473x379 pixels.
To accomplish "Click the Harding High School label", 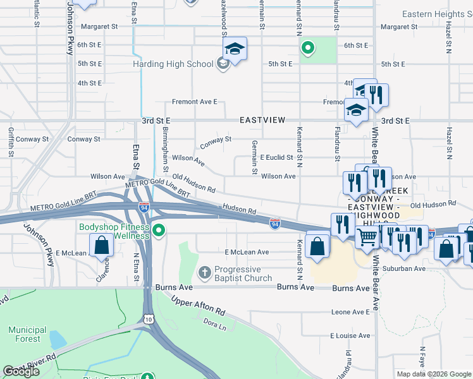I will pyautogui.click(x=173, y=64).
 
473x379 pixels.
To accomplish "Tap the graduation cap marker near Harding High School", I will pyautogui.click(x=235, y=49).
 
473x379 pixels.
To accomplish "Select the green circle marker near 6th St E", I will pyautogui.click(x=307, y=47).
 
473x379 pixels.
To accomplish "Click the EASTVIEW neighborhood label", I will pyautogui.click(x=262, y=120).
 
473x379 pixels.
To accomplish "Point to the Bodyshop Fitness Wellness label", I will pyautogui.click(x=114, y=231).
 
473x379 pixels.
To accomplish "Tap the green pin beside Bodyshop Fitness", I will pyautogui.click(x=159, y=232).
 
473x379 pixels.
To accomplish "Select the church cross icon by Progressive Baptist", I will pyautogui.click(x=204, y=273).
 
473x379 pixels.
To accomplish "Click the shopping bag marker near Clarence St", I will pyautogui.click(x=101, y=246).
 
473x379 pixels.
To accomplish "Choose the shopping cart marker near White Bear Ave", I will pyautogui.click(x=367, y=238).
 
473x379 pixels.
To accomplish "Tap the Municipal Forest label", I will pyautogui.click(x=27, y=334).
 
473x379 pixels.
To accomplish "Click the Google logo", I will pyautogui.click(x=21, y=371).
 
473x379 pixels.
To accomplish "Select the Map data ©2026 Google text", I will pyautogui.click(x=433, y=374).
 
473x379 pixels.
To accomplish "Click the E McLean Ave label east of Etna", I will pyautogui.click(x=247, y=252).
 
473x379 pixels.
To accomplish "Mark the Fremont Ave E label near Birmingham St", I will pyautogui.click(x=195, y=102).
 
